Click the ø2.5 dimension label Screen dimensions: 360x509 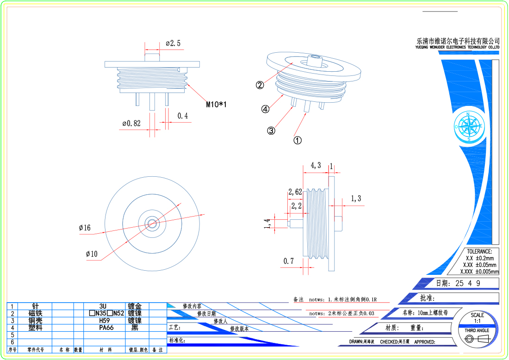173,43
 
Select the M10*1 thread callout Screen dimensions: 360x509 217,105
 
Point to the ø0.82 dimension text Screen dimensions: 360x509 131,124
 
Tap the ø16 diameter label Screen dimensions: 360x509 85,228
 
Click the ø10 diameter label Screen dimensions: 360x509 91,254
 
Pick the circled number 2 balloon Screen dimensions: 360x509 260,85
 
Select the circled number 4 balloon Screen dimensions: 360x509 265,109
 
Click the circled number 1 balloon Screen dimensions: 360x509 298,139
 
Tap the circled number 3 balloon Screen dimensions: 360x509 271,130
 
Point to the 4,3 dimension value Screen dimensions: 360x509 316,165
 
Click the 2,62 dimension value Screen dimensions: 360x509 295,192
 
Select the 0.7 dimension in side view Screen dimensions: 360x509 289,261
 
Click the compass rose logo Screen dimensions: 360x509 468,126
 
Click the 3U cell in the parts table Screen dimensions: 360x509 103,306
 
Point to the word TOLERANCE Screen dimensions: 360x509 479,251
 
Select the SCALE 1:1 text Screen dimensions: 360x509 477,318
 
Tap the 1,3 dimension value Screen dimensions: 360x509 355,199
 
